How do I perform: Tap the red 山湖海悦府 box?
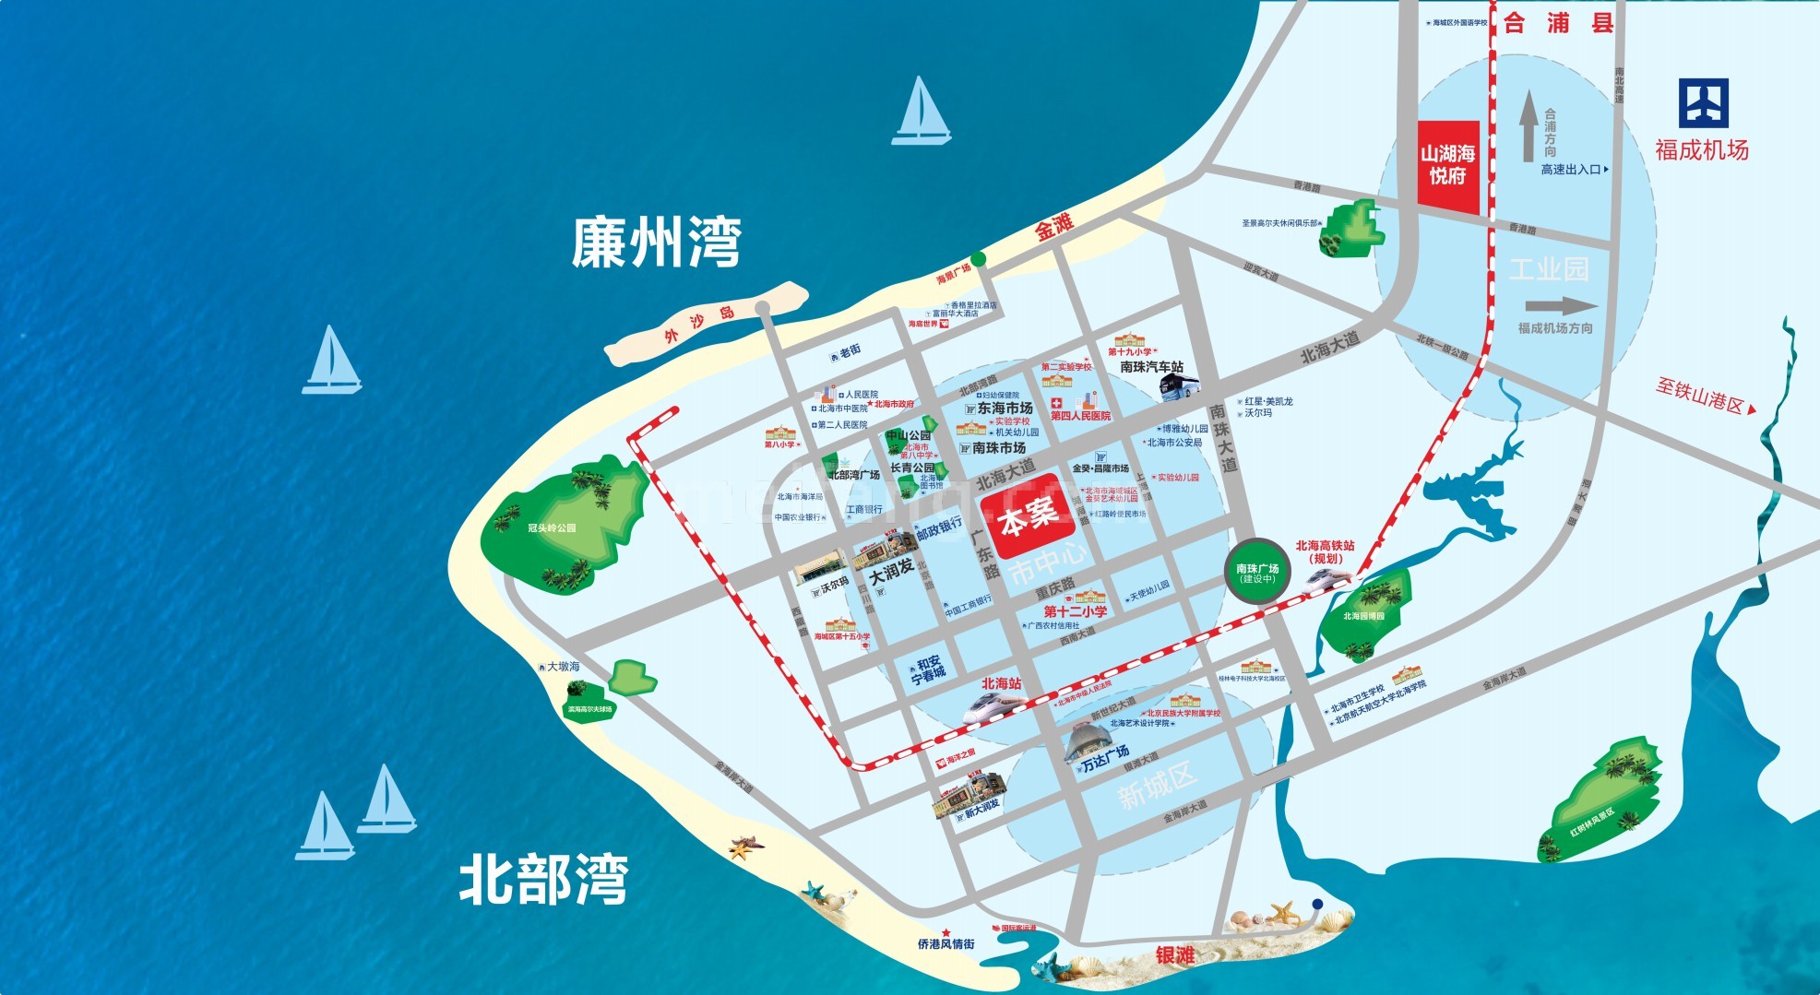[x=1447, y=165]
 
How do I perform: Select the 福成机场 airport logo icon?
[x=1703, y=103]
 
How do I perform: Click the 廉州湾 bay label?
[x=656, y=243]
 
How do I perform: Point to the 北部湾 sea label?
[x=544, y=880]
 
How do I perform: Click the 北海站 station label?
[x=1001, y=683]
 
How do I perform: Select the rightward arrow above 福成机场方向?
[x=1561, y=307]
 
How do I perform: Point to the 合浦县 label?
[x=1558, y=23]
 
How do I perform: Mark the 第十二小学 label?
[x=1075, y=611]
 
